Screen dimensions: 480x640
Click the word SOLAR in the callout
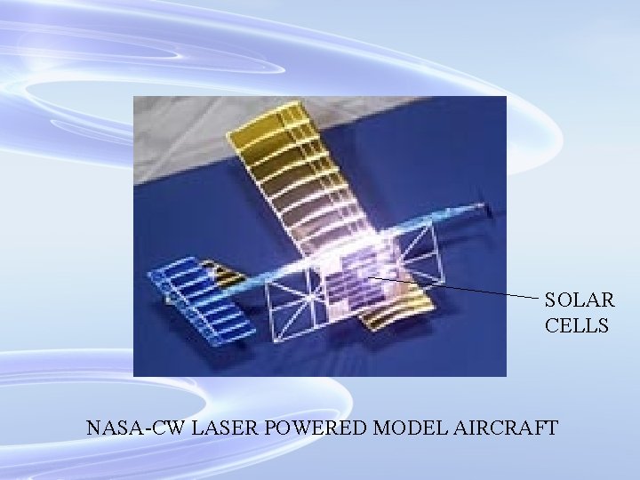pos(579,300)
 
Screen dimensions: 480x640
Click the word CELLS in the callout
pos(577,326)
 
